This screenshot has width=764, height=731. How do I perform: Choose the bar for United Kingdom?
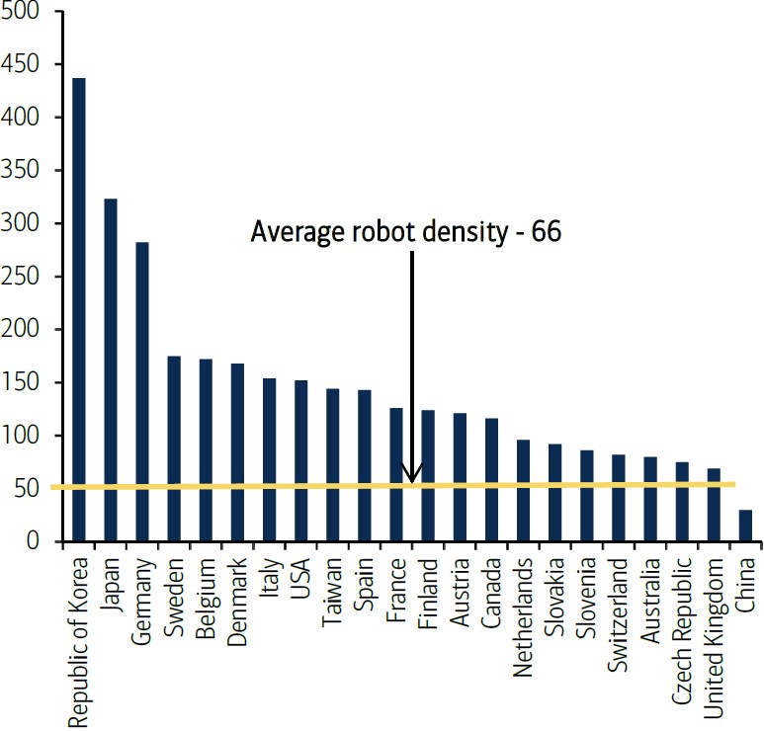714,505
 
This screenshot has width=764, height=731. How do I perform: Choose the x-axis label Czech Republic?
682,612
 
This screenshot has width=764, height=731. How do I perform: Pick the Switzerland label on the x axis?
619,604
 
